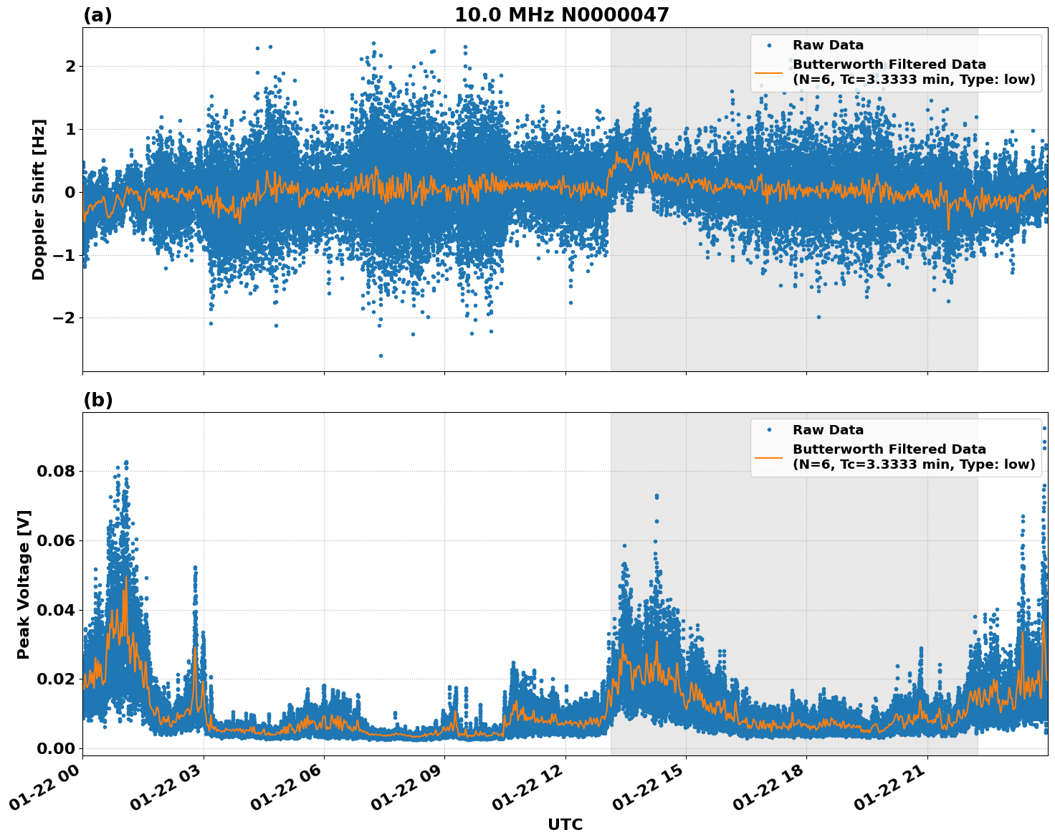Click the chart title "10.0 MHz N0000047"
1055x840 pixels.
tap(561, 15)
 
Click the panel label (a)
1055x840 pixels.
tap(97, 15)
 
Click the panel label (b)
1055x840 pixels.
tap(97, 400)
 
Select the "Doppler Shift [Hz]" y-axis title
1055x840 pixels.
tap(39, 199)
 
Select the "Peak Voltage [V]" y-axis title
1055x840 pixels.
tap(24, 584)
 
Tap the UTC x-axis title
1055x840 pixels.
tap(565, 824)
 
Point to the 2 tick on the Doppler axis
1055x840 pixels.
tap(70, 66)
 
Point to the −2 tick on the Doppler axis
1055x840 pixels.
tap(65, 318)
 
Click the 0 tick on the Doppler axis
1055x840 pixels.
tap(70, 192)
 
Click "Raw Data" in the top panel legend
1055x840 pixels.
tap(828, 45)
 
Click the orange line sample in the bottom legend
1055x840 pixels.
tap(769, 457)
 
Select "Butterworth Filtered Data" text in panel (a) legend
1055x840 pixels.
tap(889, 65)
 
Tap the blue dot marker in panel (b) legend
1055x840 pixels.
tap(769, 430)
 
